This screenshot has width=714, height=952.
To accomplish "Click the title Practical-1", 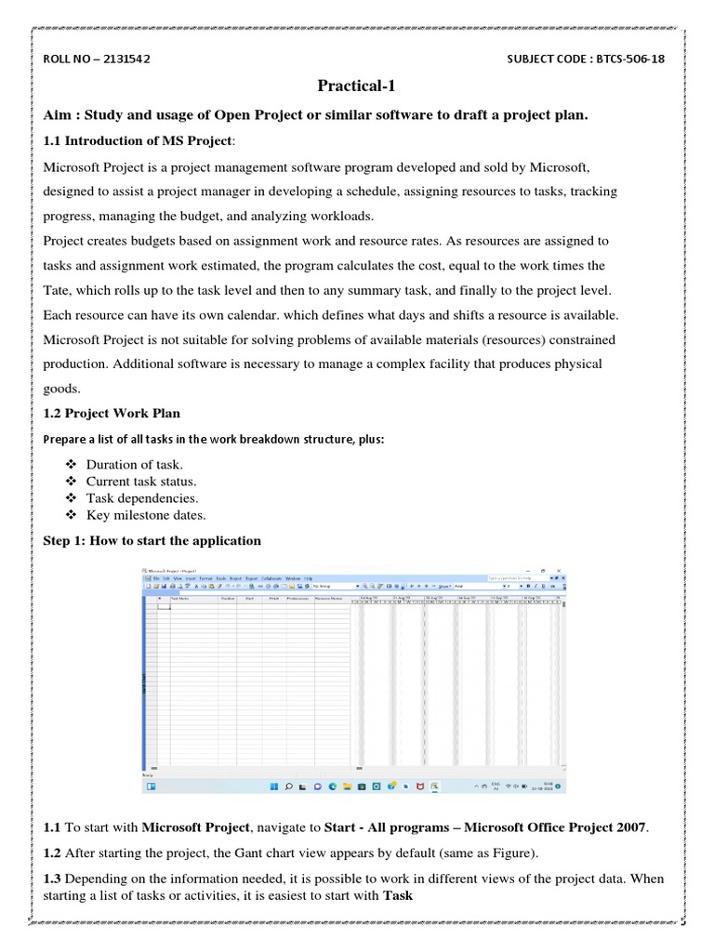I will pyautogui.click(x=356, y=86).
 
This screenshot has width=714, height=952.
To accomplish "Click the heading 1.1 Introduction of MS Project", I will pyautogui.click(x=139, y=140).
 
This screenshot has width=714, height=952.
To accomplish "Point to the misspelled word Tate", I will pyautogui.click(x=59, y=289).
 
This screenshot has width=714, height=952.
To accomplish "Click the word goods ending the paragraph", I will pyautogui.click(x=60, y=388).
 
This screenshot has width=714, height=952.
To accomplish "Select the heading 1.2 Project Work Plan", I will pyautogui.click(x=112, y=413).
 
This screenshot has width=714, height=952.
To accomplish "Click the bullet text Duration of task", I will pyautogui.click(x=134, y=464).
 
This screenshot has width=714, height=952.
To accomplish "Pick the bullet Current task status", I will pyautogui.click(x=141, y=481).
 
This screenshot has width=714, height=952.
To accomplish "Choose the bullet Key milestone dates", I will pyautogui.click(x=146, y=514).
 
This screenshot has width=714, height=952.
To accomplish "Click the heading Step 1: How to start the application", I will pyautogui.click(x=152, y=540).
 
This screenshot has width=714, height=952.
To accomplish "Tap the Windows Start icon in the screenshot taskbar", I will pyautogui.click(x=274, y=787).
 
